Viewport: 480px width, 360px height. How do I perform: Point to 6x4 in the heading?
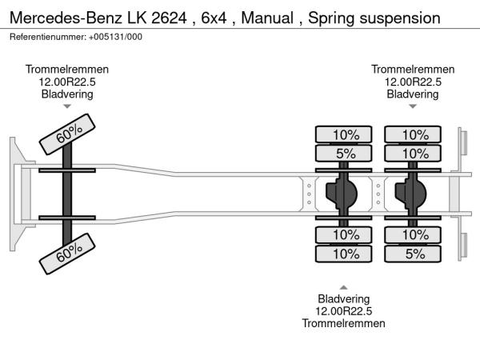214,17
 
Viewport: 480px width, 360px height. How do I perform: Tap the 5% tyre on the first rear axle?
345,153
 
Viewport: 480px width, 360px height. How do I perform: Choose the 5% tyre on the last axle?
414,254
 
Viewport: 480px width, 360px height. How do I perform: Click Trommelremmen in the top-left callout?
67,70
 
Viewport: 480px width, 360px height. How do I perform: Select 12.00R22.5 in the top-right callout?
413,82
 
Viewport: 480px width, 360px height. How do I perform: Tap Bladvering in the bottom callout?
343,298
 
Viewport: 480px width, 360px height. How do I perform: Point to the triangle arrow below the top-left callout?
67,106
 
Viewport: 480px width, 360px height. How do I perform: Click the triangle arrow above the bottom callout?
343,286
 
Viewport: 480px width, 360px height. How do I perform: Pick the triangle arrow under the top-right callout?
413,106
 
